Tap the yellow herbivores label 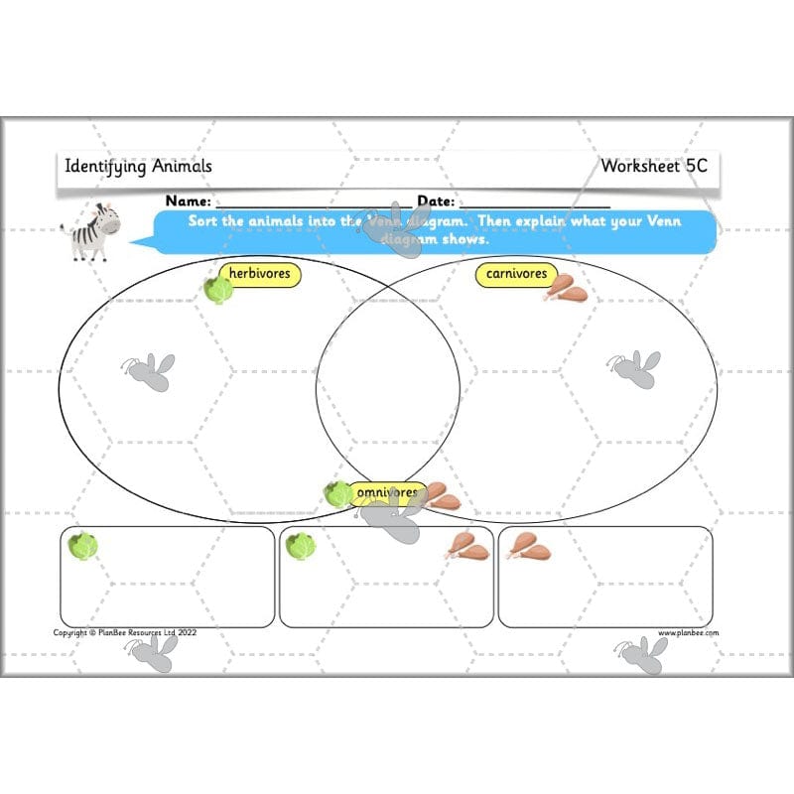(263, 273)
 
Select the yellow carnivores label (516, 273)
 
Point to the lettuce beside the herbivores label (218, 289)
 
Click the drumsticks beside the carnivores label (565, 288)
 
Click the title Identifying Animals (138, 166)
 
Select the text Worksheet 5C (654, 166)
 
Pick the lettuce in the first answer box (82, 545)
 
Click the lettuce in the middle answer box (300, 545)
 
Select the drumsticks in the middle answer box (467, 545)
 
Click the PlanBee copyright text (126, 632)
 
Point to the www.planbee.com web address (689, 632)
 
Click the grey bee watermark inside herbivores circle (149, 370)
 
